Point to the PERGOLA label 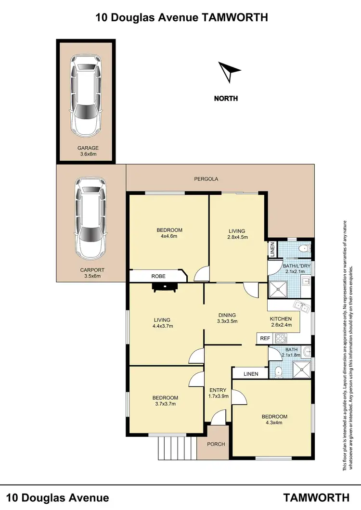point(206,179)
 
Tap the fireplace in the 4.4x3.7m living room point(165,287)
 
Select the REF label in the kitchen point(265,339)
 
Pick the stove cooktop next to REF point(281,339)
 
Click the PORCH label point(216,444)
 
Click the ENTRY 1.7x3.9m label point(219,393)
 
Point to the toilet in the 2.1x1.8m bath point(278,371)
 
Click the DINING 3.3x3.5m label point(226,319)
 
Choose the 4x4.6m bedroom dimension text point(169,236)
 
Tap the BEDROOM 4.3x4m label point(274,420)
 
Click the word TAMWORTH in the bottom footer point(316,497)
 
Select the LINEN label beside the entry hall point(250,374)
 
